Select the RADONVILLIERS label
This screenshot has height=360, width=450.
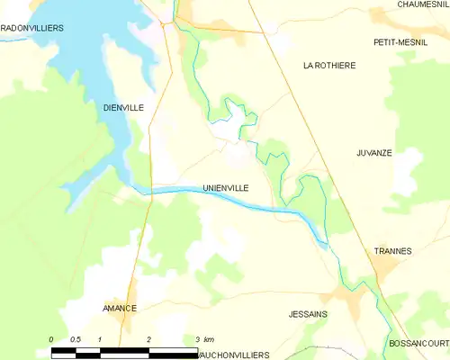(x=31, y=29)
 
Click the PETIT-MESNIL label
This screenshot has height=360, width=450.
(x=400, y=42)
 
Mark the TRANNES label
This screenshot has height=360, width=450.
(x=392, y=251)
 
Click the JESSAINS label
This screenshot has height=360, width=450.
(x=308, y=314)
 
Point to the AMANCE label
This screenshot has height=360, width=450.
(x=119, y=308)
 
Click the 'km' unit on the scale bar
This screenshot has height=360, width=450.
(x=209, y=339)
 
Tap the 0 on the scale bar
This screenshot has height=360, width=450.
(x=52, y=339)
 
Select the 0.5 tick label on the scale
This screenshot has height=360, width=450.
(x=76, y=339)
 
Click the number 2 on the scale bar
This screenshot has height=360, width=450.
(x=148, y=339)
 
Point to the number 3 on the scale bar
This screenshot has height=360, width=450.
(x=196, y=339)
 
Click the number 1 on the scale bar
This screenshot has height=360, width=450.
(x=100, y=339)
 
